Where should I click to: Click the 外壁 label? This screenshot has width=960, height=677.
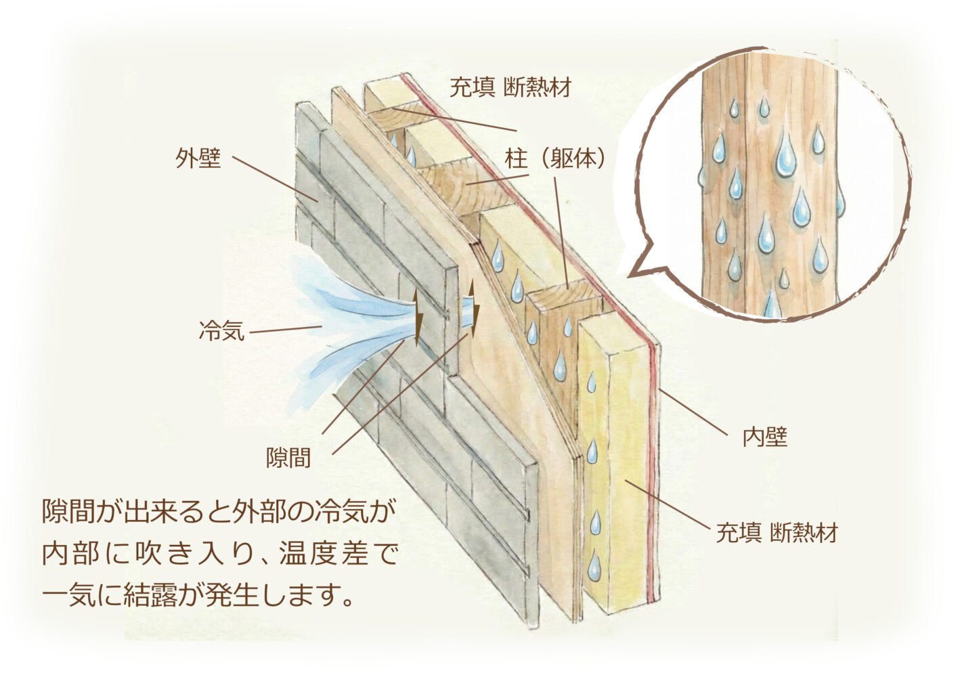point(198,159)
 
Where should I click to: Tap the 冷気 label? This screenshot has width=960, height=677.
point(221,331)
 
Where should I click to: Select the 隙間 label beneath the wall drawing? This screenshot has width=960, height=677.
point(288,458)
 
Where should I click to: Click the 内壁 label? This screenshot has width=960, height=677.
point(765,437)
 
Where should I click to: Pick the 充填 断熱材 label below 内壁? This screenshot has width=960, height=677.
point(777,533)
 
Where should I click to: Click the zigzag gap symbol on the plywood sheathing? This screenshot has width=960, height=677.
point(475,309)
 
